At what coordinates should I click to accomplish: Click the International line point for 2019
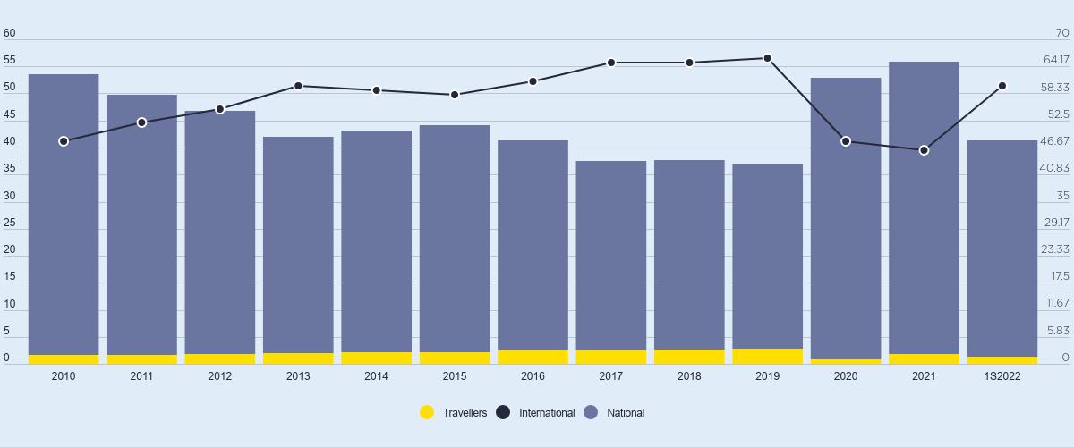(767, 58)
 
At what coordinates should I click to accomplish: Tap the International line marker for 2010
(64, 141)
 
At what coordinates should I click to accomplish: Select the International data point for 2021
(924, 150)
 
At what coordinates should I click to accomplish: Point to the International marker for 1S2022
(1002, 86)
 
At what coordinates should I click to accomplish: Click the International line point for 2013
(298, 86)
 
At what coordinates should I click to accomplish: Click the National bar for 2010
(64, 215)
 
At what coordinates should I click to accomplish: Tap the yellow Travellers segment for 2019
(767, 357)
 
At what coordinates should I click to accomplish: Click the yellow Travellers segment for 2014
(377, 358)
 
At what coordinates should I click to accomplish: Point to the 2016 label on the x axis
(533, 376)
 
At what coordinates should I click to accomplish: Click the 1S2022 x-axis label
(1002, 376)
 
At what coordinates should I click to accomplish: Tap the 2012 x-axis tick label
(220, 376)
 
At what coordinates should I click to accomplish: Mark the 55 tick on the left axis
(10, 61)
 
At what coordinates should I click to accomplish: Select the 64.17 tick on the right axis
(1056, 61)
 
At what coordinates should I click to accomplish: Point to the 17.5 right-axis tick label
(1060, 276)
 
